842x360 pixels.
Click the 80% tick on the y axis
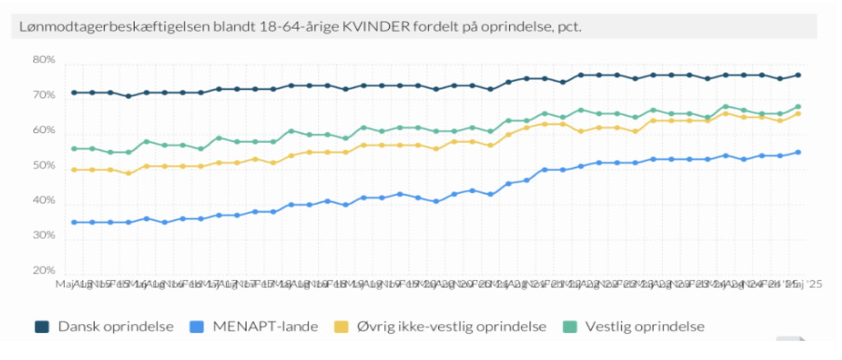pyautogui.click(x=44, y=60)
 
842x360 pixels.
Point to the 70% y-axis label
pyautogui.click(x=44, y=95)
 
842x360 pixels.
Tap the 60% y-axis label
pyautogui.click(x=44, y=131)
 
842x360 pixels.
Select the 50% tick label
pyautogui.click(x=44, y=166)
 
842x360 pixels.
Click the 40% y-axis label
pyautogui.click(x=44, y=201)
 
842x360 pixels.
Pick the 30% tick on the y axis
pyautogui.click(x=44, y=236)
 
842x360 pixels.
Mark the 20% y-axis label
pyautogui.click(x=44, y=271)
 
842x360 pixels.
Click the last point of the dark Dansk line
pyautogui.click(x=798, y=76)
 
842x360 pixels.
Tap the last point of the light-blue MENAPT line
pyautogui.click(x=798, y=152)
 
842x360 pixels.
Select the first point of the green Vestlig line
pyautogui.click(x=74, y=149)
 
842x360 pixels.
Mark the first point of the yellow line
pyautogui.click(x=74, y=170)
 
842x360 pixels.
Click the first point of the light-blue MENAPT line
pyautogui.click(x=74, y=222)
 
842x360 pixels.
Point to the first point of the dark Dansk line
pyautogui.click(x=74, y=92)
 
